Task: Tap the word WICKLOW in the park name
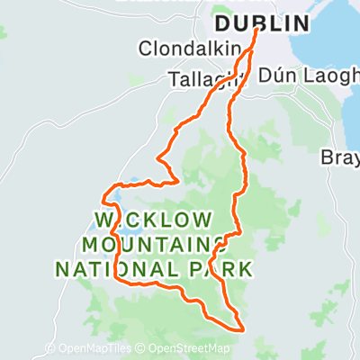154,220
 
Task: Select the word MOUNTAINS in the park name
154,244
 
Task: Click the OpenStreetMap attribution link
189,349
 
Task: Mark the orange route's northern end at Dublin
257,31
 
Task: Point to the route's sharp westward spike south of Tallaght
158,160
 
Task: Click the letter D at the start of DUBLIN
221,23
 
